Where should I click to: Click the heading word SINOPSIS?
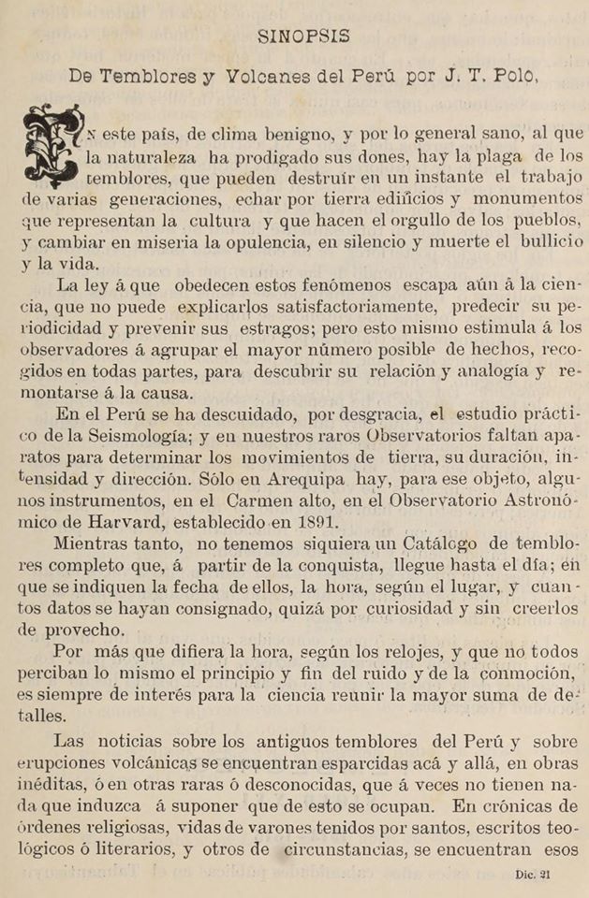304,37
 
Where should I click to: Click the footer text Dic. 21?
533,876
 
